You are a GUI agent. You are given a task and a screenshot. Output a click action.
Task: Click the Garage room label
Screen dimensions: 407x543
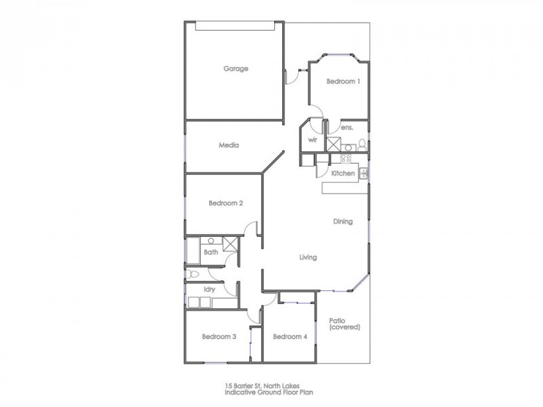click(x=236, y=69)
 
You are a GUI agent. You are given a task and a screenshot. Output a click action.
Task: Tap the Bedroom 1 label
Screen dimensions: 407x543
click(x=343, y=81)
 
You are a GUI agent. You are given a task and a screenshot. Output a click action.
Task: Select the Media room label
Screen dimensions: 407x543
click(x=228, y=145)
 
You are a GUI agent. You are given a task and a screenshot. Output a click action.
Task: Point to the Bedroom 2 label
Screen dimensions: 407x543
click(x=226, y=203)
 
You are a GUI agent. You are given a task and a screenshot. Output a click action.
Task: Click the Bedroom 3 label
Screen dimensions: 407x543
click(x=219, y=336)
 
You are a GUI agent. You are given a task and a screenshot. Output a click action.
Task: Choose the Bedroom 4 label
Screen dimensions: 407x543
click(x=290, y=336)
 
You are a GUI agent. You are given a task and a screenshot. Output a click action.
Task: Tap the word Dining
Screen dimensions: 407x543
click(x=343, y=222)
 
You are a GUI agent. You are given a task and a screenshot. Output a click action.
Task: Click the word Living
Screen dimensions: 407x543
click(x=309, y=257)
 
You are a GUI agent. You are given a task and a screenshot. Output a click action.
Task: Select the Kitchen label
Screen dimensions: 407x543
click(x=343, y=174)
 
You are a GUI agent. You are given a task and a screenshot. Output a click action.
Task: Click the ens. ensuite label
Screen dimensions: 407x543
click(x=347, y=128)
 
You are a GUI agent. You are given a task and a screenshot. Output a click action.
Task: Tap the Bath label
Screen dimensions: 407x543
click(x=211, y=252)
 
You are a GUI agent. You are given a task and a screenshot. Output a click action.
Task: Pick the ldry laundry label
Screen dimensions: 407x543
click(x=209, y=288)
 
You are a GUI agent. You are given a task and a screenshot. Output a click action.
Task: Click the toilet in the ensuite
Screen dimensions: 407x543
click(x=362, y=144)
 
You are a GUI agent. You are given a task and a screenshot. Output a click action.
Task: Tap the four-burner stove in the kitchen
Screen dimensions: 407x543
click(x=344, y=159)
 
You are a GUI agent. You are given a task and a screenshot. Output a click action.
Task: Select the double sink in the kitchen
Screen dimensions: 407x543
click(x=364, y=174)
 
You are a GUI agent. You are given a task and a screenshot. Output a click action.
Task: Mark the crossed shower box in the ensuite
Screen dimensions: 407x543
click(x=333, y=144)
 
